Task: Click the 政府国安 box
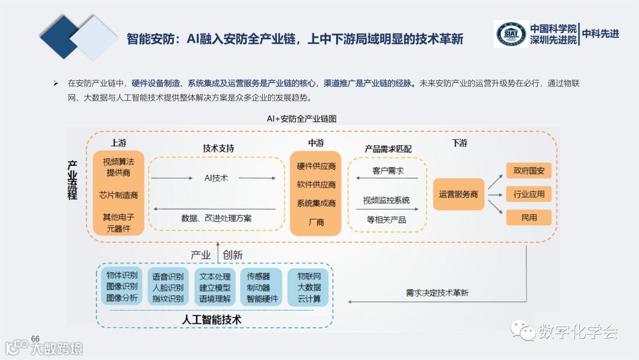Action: point(528,172)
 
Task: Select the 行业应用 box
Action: point(528,194)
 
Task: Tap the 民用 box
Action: point(528,217)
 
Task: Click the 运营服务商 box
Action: point(459,194)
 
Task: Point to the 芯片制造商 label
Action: point(118,195)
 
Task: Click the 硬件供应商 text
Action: point(316,166)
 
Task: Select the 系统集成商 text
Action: point(316,204)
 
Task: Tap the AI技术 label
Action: point(216,178)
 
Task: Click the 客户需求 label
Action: point(388,171)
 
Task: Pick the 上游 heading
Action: point(118,143)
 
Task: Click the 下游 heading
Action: point(459,143)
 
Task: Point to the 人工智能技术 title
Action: point(212,320)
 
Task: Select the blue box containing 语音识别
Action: point(168,287)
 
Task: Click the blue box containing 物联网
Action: point(308,287)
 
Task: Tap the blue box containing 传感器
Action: point(262,287)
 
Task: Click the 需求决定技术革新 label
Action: point(437,292)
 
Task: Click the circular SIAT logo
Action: point(511,34)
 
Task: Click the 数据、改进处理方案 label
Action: point(216,218)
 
